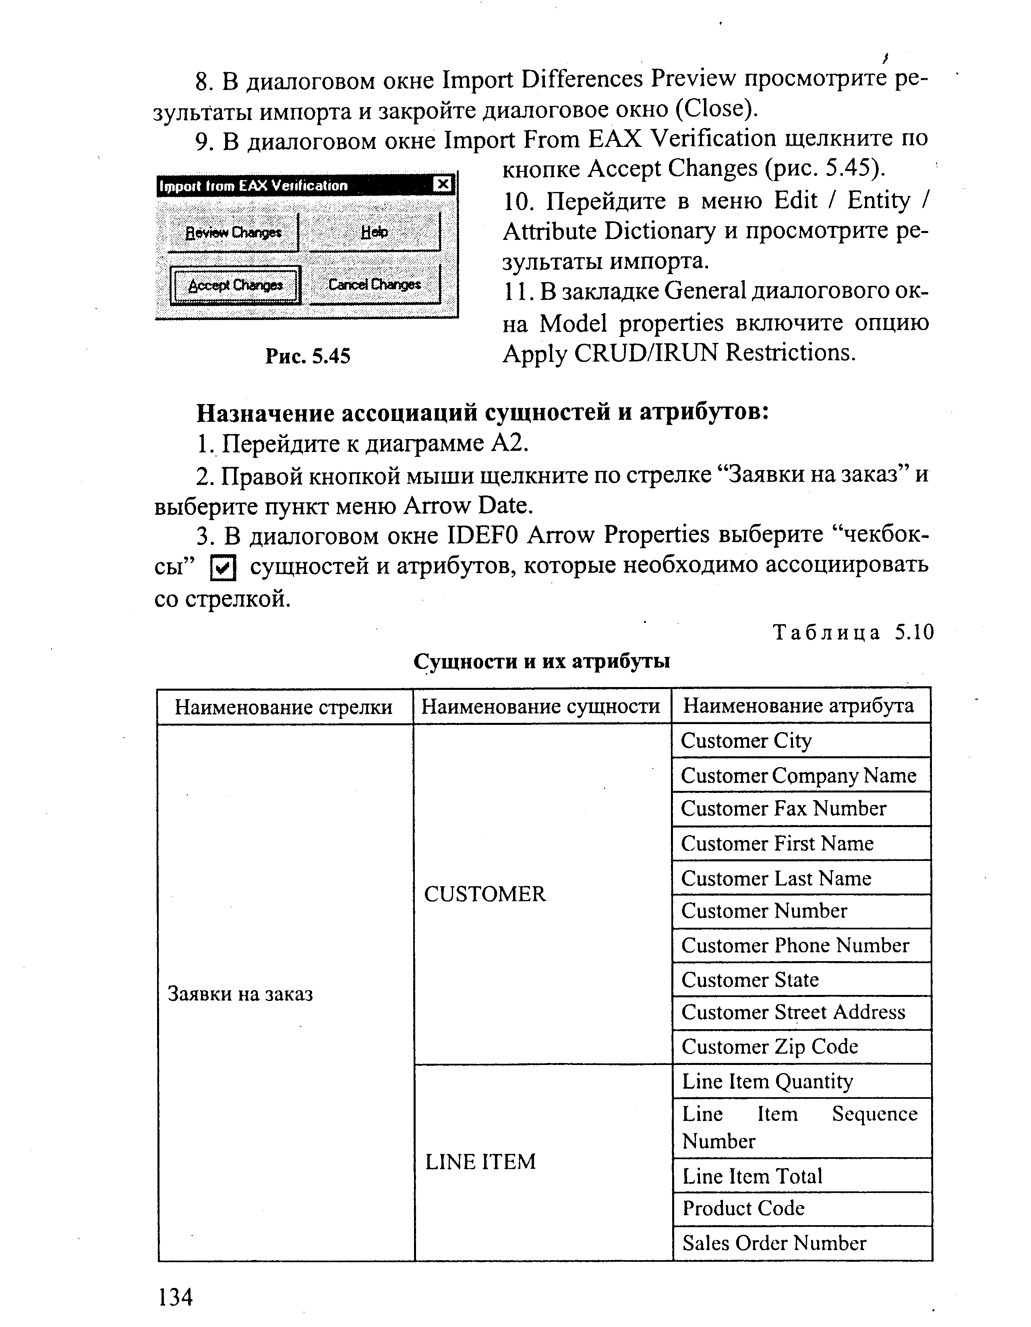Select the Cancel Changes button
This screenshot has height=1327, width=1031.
(x=374, y=284)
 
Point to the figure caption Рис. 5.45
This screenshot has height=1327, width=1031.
(x=308, y=355)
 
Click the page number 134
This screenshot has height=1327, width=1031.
(x=175, y=1297)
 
